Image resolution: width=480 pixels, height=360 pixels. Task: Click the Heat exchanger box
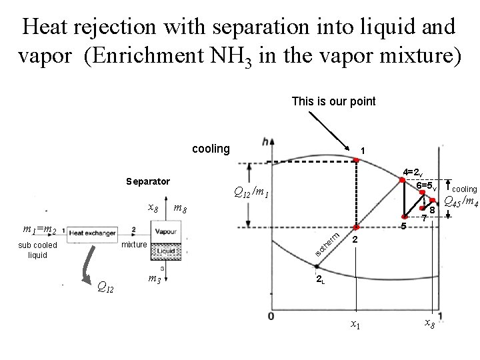[x=91, y=232]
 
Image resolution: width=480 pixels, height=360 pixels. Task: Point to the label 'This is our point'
[x=333, y=101]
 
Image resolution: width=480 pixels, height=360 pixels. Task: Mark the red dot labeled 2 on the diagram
[x=357, y=229]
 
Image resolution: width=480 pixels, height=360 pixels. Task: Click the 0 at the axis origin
[x=271, y=315]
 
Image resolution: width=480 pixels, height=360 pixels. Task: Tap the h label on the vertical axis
[x=267, y=141]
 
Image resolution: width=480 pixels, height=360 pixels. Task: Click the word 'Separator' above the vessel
[x=148, y=181]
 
